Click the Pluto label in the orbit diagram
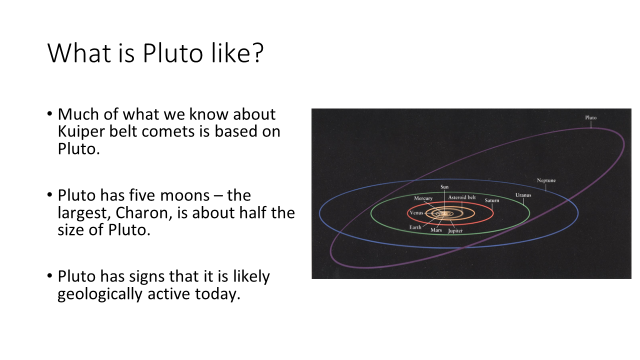tap(590, 117)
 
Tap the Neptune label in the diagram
tap(546, 180)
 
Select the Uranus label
tap(523, 195)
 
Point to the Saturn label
tap(491, 200)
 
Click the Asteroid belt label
tap(461, 197)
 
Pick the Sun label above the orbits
tap(444, 187)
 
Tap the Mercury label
tap(423, 198)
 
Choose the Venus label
tap(416, 213)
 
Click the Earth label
tap(415, 227)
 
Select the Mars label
tap(436, 230)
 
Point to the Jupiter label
tap(455, 230)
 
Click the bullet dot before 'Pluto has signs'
tap(49, 276)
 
